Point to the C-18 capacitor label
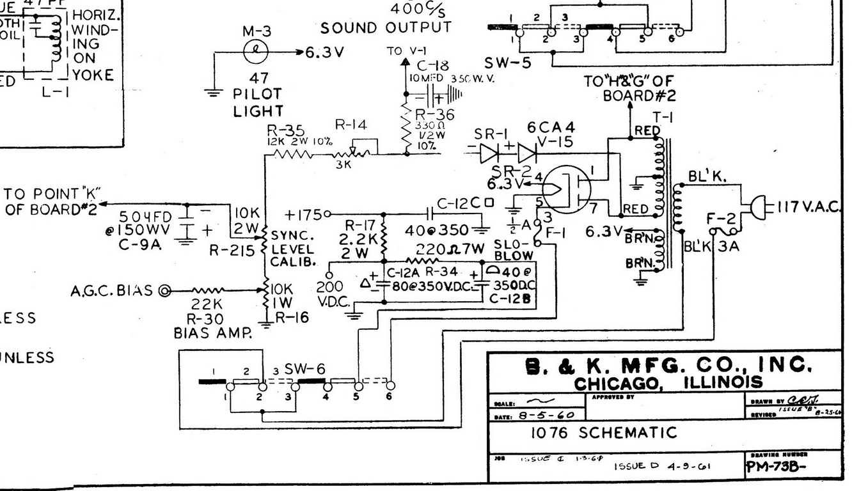[x=432, y=66]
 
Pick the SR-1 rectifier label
[x=491, y=134]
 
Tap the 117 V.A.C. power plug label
[x=810, y=206]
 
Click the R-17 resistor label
[x=359, y=225]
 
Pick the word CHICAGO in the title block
[x=613, y=384]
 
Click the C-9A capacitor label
[x=137, y=244]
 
